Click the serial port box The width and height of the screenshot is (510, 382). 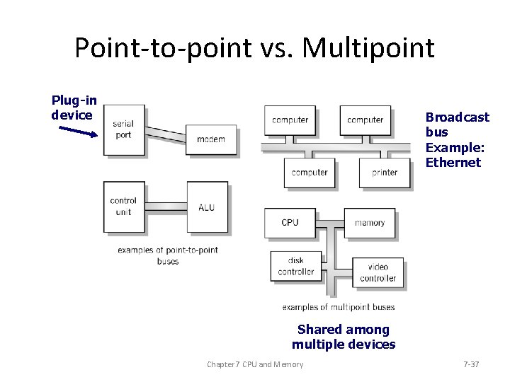tap(123, 129)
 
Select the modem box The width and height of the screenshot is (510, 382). tap(210, 139)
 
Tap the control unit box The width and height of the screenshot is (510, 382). tap(123, 206)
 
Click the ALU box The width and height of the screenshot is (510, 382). tap(207, 207)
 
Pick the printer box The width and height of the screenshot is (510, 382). tap(384, 172)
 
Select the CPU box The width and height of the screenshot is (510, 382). tap(290, 222)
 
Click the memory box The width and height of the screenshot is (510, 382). tap(369, 222)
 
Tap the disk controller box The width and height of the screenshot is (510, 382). tap(295, 266)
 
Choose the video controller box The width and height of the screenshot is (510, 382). tap(378, 273)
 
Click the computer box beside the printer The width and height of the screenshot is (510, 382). tap(310, 172)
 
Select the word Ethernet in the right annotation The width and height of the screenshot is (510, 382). tap(453, 163)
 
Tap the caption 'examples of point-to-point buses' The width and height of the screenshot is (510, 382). tap(167, 255)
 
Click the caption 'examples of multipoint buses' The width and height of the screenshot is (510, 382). tap(338, 307)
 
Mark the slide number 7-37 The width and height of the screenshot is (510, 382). tap(470, 364)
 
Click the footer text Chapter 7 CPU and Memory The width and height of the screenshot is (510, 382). tap(254, 364)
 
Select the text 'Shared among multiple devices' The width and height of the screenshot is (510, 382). tap(344, 337)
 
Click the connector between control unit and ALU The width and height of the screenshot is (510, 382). tap(166, 207)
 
